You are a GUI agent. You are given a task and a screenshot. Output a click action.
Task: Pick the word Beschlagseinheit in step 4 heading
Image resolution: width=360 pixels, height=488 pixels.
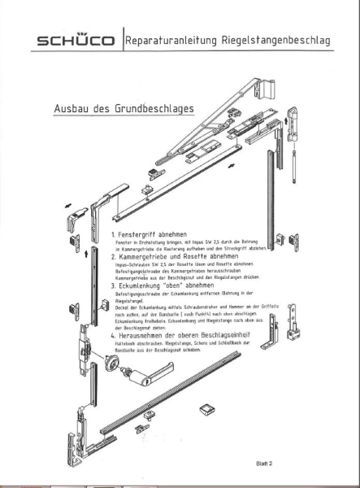(244, 333)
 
